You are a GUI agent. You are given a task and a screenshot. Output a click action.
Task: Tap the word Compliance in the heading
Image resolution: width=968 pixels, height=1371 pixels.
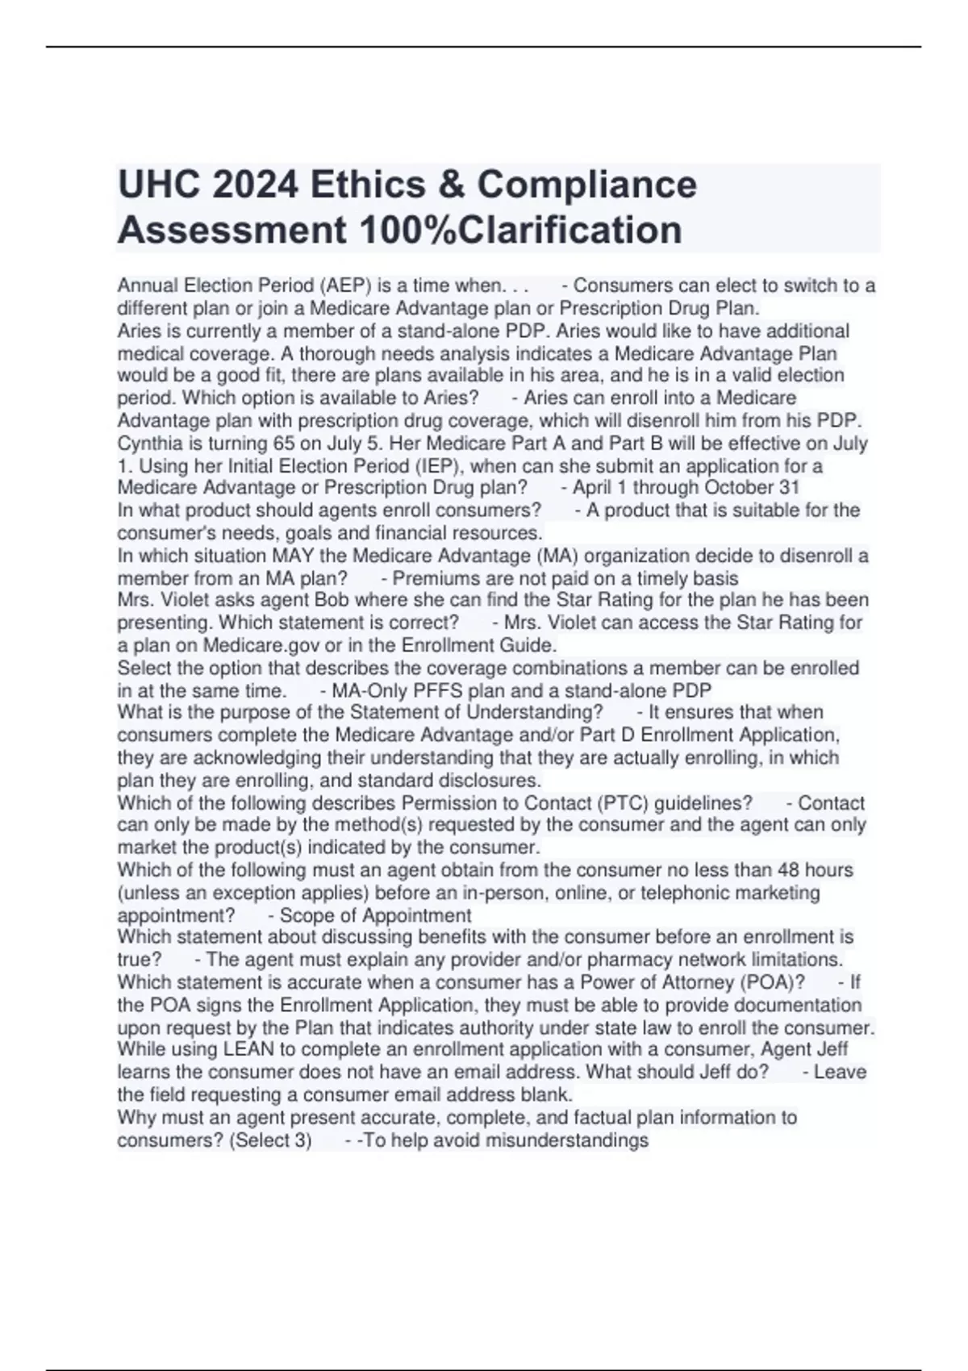pyautogui.click(x=586, y=185)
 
